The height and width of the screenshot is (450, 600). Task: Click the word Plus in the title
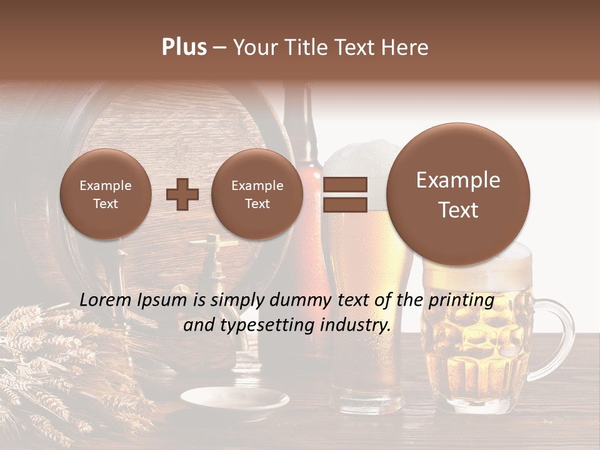pyautogui.click(x=184, y=47)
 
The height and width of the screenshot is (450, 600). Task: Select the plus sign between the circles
pyautogui.click(x=182, y=194)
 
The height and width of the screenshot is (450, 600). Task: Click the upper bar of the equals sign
pyautogui.click(x=344, y=184)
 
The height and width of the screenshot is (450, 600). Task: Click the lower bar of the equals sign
pyautogui.click(x=344, y=204)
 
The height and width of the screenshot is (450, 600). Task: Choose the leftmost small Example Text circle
pyautogui.click(x=106, y=194)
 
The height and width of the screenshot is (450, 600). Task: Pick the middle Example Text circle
pyautogui.click(x=257, y=194)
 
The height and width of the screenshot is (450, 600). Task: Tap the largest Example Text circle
pyautogui.click(x=458, y=194)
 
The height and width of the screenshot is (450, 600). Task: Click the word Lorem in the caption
pyautogui.click(x=106, y=301)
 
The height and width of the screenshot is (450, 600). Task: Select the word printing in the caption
pyautogui.click(x=461, y=301)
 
